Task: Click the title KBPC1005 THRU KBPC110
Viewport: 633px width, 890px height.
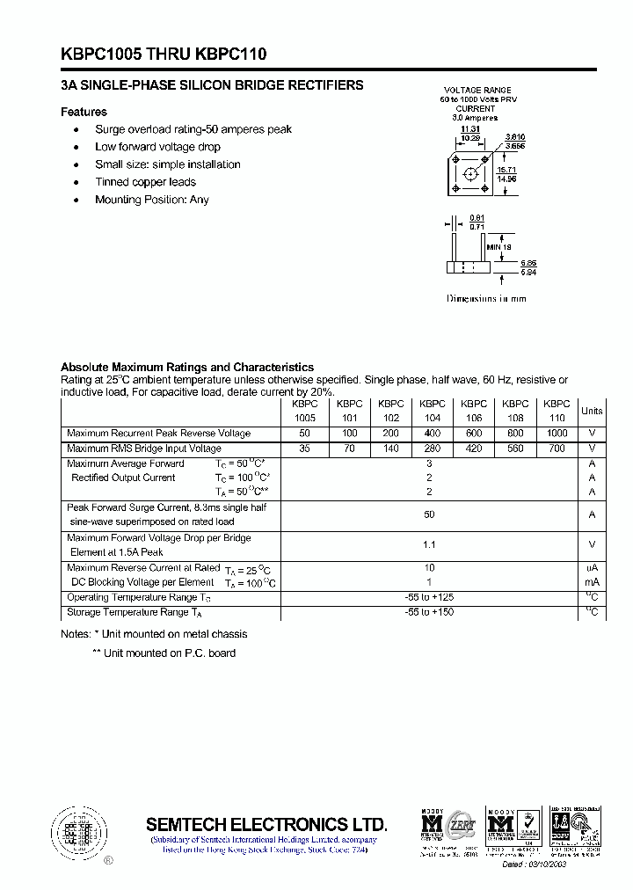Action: click(x=164, y=55)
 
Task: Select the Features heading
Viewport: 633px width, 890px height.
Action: click(x=84, y=112)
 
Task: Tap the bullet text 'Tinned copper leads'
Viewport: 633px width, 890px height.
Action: click(x=145, y=182)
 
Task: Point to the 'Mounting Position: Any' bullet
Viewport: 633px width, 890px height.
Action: click(x=152, y=200)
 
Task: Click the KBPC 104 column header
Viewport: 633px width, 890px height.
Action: click(x=433, y=411)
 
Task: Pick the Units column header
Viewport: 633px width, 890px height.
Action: click(x=592, y=411)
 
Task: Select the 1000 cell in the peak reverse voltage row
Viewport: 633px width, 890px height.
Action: click(x=557, y=434)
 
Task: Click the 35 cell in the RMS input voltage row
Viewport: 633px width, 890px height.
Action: click(x=305, y=449)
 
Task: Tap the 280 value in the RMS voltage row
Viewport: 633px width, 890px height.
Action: click(x=433, y=449)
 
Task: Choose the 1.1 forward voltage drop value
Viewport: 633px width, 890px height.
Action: click(x=429, y=545)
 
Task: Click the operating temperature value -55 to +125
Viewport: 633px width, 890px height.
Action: click(x=429, y=598)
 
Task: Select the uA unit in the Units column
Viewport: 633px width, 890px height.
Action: click(x=592, y=568)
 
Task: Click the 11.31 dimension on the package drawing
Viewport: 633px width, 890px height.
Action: click(x=470, y=128)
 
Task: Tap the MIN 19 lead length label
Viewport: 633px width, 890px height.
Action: click(x=498, y=247)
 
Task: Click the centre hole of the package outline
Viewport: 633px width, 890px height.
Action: click(x=471, y=173)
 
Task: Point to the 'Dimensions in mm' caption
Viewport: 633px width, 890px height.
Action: click(x=486, y=299)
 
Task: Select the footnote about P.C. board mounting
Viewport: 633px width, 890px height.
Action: click(x=164, y=653)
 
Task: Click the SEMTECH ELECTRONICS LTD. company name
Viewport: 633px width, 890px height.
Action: click(x=266, y=824)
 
